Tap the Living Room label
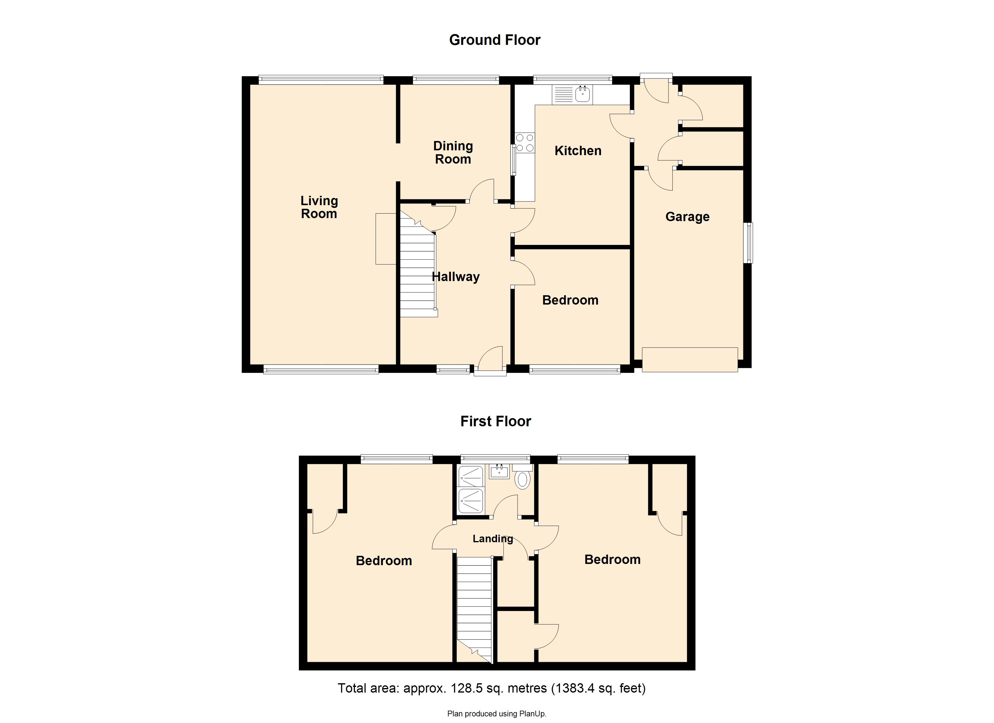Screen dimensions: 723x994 [319, 207]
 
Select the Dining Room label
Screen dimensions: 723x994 [453, 152]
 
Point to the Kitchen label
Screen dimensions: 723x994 [578, 151]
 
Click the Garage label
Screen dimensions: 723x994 [687, 217]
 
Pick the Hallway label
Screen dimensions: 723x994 [455, 277]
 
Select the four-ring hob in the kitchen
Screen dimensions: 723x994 [525, 143]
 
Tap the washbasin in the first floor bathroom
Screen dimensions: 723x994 [499, 472]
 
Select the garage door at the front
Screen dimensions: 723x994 [689, 359]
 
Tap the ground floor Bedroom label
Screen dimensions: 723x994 [570, 300]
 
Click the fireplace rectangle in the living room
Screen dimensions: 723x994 [386, 239]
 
